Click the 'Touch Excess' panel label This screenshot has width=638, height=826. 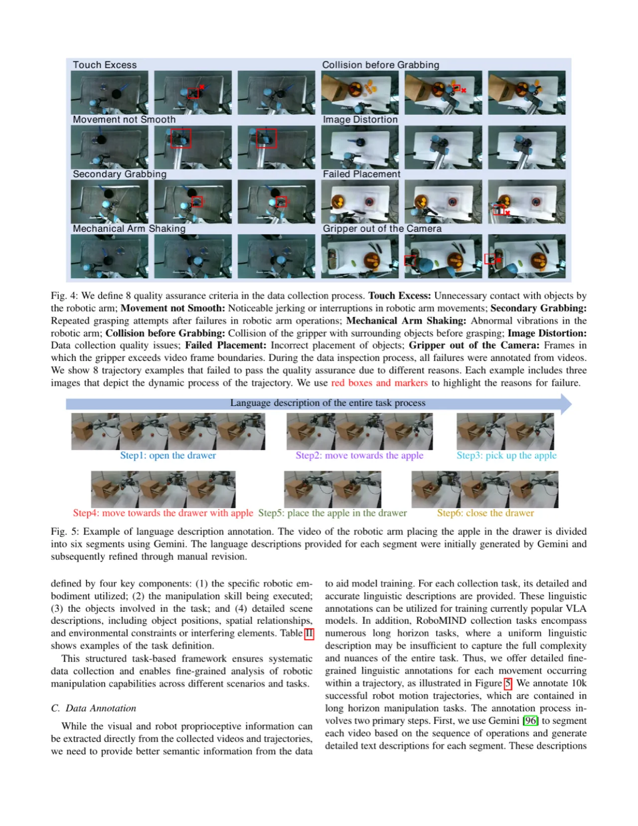[x=105, y=65]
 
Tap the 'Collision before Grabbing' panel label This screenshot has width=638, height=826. [x=380, y=65]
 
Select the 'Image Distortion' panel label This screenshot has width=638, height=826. [x=360, y=119]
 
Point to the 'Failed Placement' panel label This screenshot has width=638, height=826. [x=361, y=174]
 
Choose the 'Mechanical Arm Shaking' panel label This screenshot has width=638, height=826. [x=129, y=228]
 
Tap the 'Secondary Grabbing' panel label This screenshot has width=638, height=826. [x=120, y=174]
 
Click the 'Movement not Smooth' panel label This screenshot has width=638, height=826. [x=124, y=119]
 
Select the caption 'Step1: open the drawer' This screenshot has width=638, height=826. [x=168, y=456]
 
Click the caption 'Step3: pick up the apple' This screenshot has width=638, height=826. [x=506, y=456]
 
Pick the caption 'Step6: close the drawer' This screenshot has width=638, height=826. [x=485, y=513]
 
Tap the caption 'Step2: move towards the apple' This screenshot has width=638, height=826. [x=359, y=456]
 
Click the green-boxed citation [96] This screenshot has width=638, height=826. [x=530, y=721]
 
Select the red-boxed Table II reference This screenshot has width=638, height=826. [x=309, y=633]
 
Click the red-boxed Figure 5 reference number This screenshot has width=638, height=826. [x=508, y=683]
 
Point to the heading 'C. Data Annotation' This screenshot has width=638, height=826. [x=94, y=708]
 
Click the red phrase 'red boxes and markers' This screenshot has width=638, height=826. [x=379, y=383]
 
